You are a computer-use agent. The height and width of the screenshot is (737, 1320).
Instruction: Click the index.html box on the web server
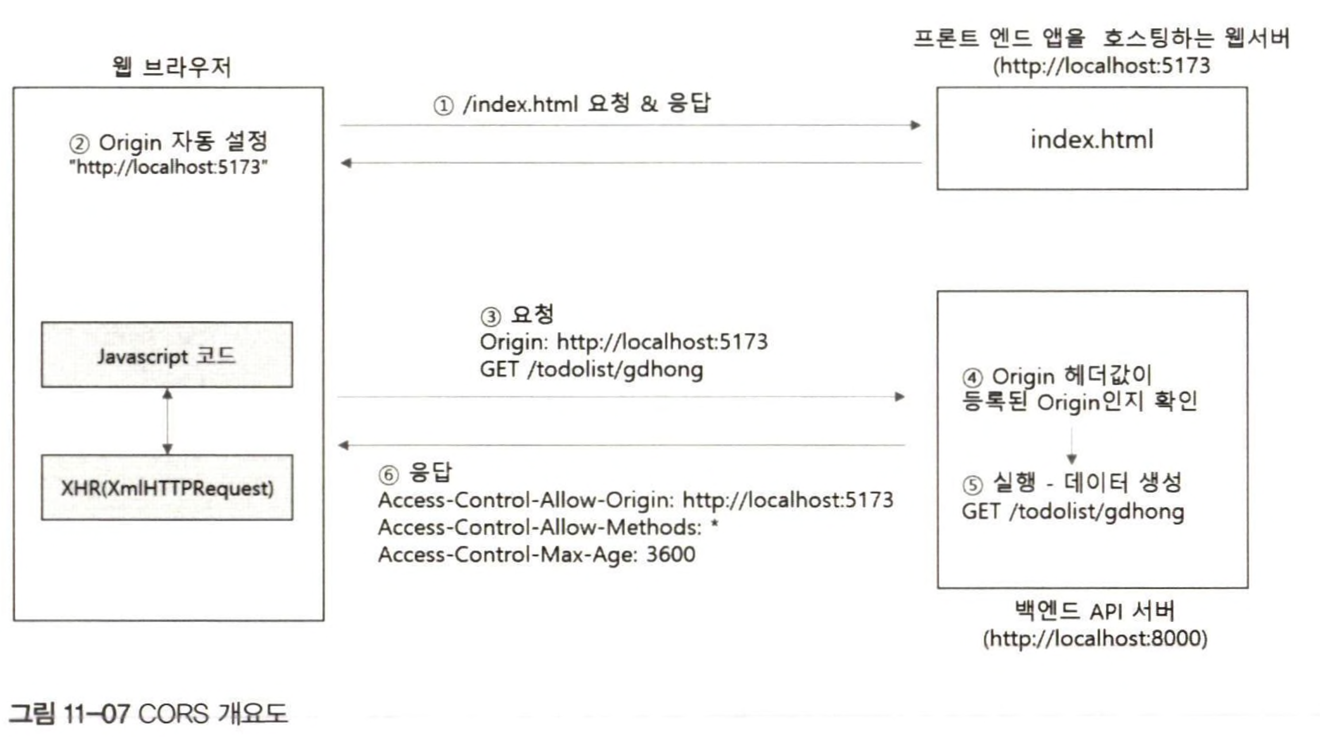pos(1091,139)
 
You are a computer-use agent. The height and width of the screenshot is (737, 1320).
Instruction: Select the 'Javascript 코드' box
pos(167,355)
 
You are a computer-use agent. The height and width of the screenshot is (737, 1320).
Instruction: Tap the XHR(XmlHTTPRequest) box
pos(167,488)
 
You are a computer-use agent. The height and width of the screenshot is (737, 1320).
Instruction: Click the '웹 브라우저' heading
pos(171,67)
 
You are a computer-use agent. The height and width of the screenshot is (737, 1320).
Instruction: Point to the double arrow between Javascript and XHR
pos(167,421)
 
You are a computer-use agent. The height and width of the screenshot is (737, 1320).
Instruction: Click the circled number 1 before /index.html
pos(443,106)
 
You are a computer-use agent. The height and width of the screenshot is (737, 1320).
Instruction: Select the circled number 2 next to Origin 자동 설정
pos(79,144)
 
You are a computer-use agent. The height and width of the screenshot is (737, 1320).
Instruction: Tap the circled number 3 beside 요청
pos(490,317)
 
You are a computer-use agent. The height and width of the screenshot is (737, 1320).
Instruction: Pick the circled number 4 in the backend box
pos(972,378)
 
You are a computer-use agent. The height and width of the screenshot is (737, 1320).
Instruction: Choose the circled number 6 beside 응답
pos(388,475)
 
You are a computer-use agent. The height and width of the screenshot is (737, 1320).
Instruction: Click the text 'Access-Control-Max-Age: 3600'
pos(536,555)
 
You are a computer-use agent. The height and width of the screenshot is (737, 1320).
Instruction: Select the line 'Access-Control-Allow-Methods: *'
pos(548,527)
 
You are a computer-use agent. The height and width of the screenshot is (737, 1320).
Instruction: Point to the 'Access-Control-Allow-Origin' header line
pos(635,500)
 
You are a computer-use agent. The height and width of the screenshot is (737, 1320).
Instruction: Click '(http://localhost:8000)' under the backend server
pos(1095,639)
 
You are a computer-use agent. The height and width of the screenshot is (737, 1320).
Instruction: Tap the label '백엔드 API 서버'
pos(1095,611)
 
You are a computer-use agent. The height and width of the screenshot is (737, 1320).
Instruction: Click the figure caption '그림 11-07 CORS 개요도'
pos(148,714)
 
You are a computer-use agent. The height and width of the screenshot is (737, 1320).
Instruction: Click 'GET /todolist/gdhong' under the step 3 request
pos(591,370)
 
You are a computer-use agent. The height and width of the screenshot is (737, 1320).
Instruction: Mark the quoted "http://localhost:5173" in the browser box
pos(168,167)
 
